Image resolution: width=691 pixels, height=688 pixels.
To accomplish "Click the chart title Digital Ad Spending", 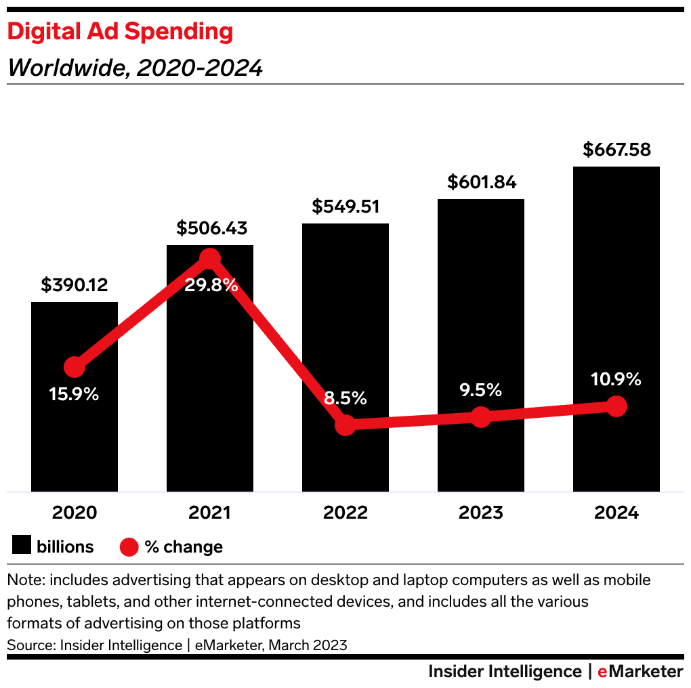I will [x=120, y=31].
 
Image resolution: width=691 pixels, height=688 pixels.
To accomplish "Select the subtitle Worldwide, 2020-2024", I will [x=135, y=68].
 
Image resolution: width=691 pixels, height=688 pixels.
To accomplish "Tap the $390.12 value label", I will [x=75, y=285].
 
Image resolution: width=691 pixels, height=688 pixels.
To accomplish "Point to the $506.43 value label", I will [x=210, y=228].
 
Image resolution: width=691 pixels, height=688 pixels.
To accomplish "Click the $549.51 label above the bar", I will [x=345, y=207].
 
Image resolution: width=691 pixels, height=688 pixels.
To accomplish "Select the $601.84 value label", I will [x=481, y=182].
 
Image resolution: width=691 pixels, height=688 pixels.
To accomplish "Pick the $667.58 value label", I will [x=616, y=150].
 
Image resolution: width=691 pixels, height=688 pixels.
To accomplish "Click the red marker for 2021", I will [x=210, y=258].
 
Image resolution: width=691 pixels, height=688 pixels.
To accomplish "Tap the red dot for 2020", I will [x=75, y=367].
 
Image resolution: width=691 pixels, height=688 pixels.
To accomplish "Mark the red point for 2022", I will [x=345, y=425].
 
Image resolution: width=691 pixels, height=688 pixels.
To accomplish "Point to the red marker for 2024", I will [x=616, y=406].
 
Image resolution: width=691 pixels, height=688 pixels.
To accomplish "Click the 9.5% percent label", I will [x=480, y=390].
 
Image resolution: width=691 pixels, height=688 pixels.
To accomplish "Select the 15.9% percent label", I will [x=74, y=394].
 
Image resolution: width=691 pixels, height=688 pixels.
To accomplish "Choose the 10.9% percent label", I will [x=616, y=379].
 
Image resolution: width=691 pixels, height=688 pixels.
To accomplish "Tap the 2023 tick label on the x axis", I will [x=481, y=513].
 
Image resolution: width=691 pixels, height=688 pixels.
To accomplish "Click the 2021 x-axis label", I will [x=210, y=513].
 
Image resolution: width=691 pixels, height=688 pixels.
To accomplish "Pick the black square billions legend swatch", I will [x=22, y=546].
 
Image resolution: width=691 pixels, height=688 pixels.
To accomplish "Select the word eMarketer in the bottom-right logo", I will [x=640, y=671].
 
